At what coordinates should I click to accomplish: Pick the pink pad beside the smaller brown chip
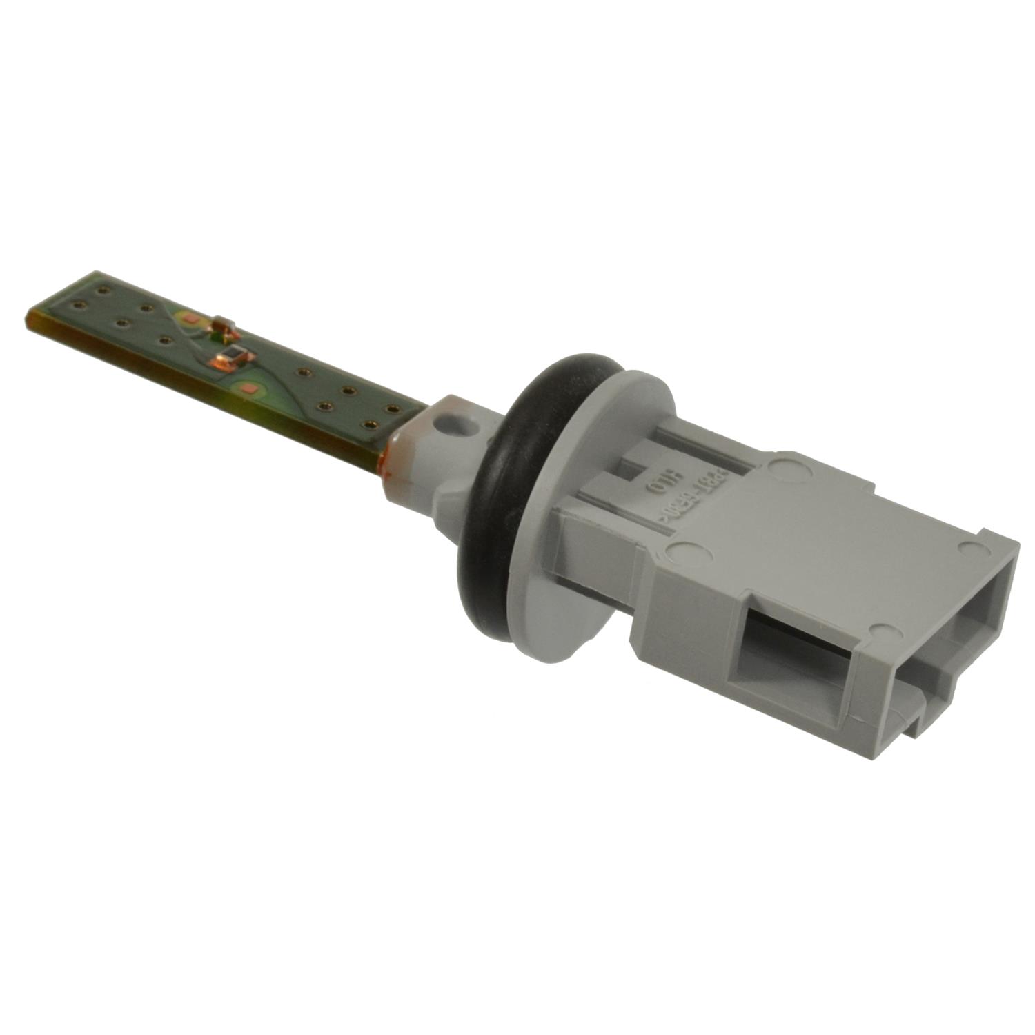point(188,318)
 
